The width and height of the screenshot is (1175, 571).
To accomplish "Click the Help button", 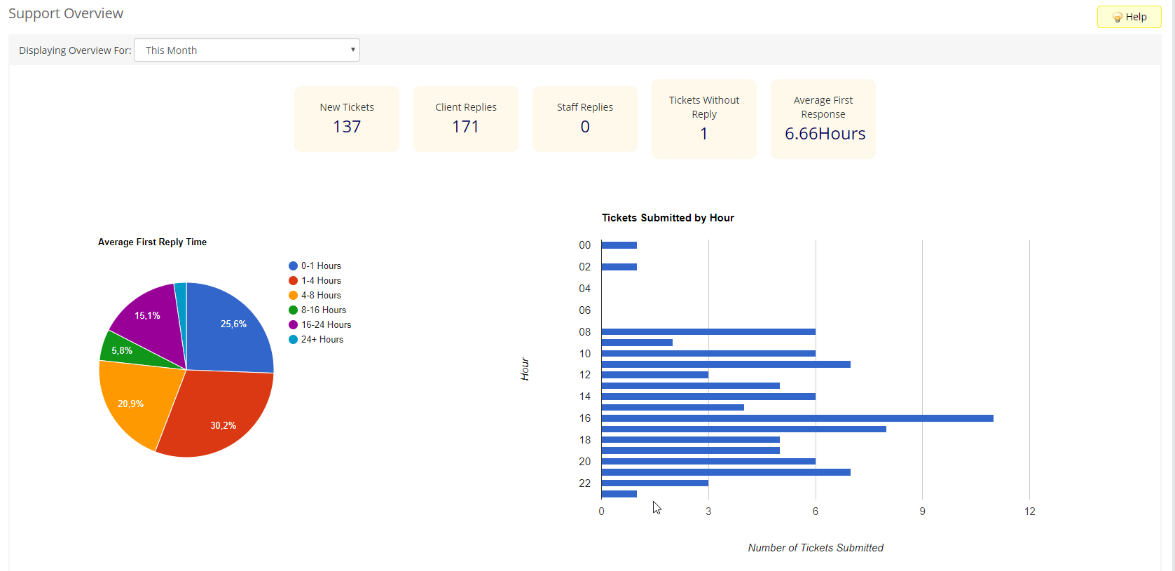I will [x=1129, y=17].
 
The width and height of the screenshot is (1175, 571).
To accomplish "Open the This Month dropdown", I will [x=247, y=50].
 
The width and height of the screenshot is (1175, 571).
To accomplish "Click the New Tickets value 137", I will [x=347, y=127].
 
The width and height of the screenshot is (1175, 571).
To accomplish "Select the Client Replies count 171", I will [x=465, y=127].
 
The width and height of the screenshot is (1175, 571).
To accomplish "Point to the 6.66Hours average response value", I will [x=825, y=134].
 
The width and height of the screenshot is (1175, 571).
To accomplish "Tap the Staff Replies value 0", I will [x=585, y=127].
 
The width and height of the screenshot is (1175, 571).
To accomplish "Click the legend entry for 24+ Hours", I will [x=322, y=339].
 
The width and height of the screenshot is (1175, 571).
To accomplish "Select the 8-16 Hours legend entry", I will [x=323, y=310].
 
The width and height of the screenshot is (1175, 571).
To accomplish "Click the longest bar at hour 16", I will [x=797, y=418].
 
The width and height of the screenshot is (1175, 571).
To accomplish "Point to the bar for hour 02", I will [x=619, y=267].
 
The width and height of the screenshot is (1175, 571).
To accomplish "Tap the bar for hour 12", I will [x=654, y=375].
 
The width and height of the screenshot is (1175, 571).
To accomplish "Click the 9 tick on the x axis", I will [x=922, y=511].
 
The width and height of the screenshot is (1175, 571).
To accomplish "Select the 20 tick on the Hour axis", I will [x=584, y=462].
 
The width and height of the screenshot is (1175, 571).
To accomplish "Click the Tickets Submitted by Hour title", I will [x=668, y=218].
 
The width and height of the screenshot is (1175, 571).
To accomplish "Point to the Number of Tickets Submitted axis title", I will [x=816, y=548].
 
